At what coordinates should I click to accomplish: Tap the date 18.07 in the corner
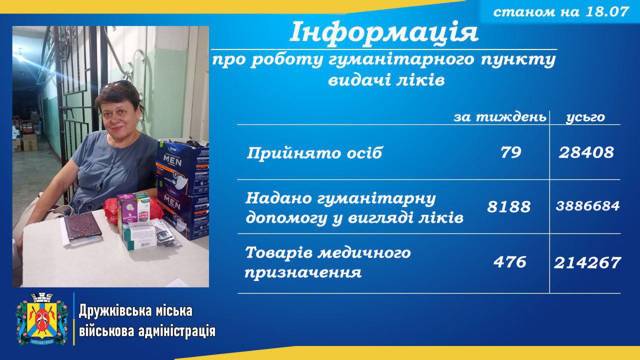coord(607,12)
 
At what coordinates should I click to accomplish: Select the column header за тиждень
coord(500,117)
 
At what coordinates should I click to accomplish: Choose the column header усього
coord(585,117)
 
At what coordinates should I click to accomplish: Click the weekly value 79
coord(510,152)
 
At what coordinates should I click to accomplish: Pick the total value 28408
coord(586,152)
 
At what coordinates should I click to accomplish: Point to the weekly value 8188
coord(509,206)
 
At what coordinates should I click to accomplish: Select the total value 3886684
coord(587,206)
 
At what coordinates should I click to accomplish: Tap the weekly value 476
coord(509,262)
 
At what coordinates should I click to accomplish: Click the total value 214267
coord(587,263)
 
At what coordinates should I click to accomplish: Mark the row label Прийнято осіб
coord(314,153)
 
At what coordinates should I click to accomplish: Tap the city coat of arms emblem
coord(42,319)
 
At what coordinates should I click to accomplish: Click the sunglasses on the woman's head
coord(119,85)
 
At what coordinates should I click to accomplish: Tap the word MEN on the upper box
coord(172,161)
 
